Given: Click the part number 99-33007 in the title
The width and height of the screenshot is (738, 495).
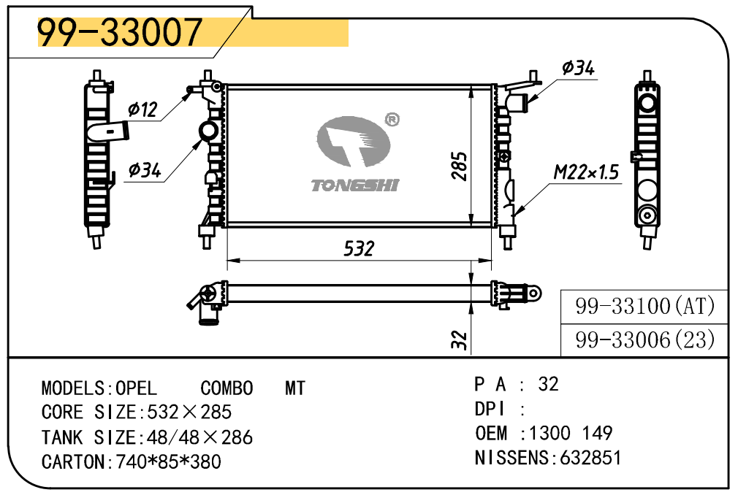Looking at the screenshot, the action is point(120,32).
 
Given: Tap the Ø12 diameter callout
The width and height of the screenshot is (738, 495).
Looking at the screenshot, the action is point(142,110).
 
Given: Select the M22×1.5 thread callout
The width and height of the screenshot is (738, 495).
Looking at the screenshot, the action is point(586,172).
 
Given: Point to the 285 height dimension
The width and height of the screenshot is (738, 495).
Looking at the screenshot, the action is point(459,166).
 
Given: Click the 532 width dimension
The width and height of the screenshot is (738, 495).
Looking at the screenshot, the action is point(359,249).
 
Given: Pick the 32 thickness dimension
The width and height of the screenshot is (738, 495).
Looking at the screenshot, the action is point(459,340).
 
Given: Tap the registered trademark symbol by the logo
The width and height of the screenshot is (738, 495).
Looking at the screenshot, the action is point(392,120).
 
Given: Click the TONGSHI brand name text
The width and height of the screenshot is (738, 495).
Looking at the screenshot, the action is point(355,185).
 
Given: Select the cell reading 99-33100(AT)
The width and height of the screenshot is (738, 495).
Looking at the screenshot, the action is point(644,307).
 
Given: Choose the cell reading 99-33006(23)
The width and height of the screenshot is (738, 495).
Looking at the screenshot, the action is point(644,340).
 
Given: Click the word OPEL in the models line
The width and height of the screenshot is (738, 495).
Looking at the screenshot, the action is point(136,388).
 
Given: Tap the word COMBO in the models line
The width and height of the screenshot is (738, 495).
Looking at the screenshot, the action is point(227,388).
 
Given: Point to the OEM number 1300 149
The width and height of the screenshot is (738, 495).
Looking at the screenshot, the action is point(571,433).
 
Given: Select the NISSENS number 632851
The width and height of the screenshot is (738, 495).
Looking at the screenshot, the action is point(590,457).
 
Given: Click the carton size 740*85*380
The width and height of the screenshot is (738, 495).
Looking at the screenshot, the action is point(169,461).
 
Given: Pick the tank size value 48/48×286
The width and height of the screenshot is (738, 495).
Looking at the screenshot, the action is point(199,437).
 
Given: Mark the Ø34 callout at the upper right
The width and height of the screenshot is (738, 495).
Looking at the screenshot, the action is point(579,68).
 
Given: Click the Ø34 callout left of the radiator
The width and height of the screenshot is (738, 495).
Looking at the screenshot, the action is point(145,169).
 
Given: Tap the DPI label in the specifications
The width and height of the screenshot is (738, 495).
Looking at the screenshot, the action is point(490,409).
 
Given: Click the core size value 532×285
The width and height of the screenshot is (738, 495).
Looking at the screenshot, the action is point(189,412).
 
